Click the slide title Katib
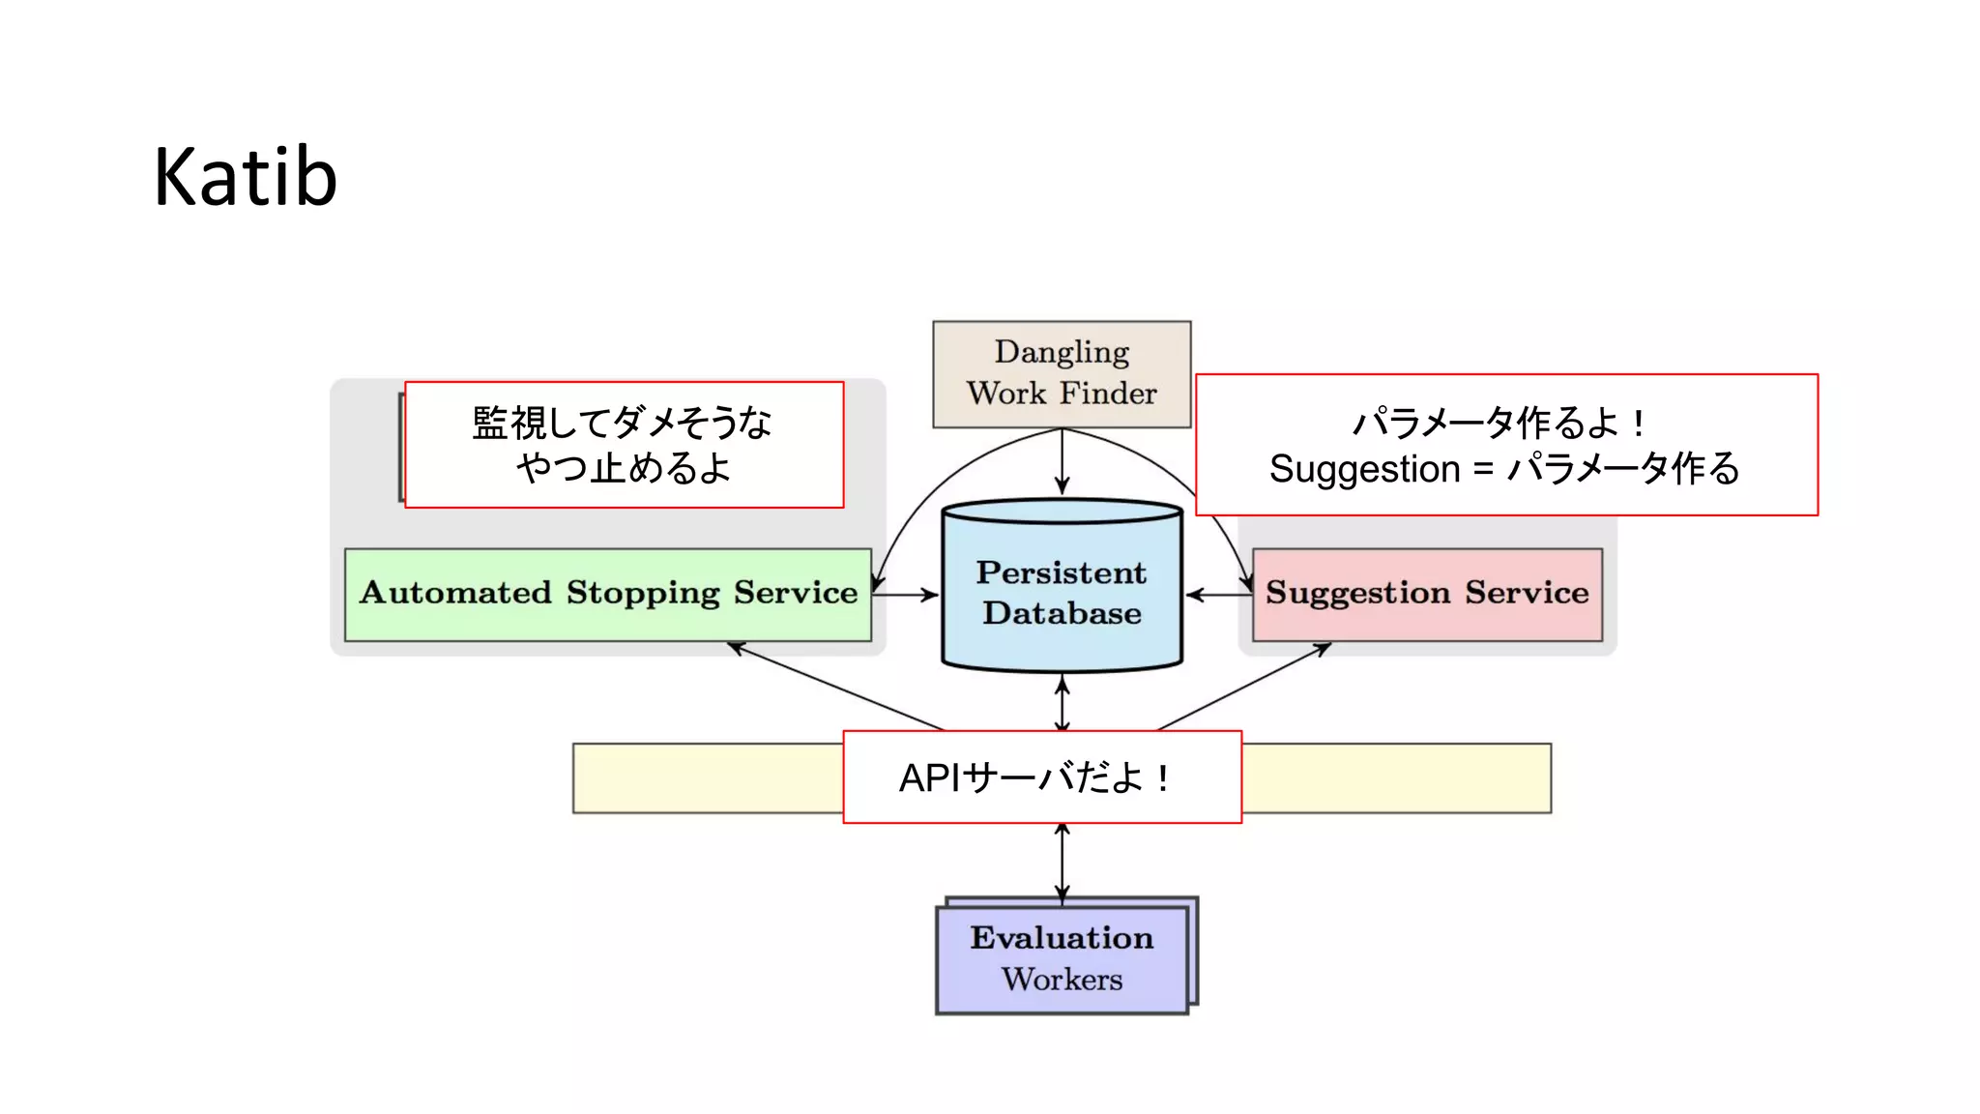pyautogui.click(x=246, y=177)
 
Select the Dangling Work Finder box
pyautogui.click(x=1061, y=373)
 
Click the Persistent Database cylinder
pyautogui.click(x=1062, y=592)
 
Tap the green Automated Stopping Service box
pyautogui.click(x=607, y=594)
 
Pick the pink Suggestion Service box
pyautogui.click(x=1426, y=594)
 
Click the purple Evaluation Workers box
pyautogui.click(x=1062, y=958)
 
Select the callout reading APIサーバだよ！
pyautogui.click(x=1041, y=777)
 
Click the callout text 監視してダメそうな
pyautogui.click(x=622, y=423)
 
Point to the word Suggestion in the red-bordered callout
pyautogui.click(x=1364, y=469)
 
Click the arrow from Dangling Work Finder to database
pyautogui.click(x=1062, y=462)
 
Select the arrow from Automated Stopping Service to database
pyautogui.click(x=905, y=594)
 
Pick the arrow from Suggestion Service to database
pyautogui.click(x=1218, y=594)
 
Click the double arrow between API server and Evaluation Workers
pyautogui.click(x=1062, y=863)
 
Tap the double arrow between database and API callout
pyautogui.click(x=1062, y=704)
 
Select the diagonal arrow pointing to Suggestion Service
pyautogui.click(x=1247, y=685)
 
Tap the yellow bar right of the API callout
pyautogui.click(x=1396, y=777)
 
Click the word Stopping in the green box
pyautogui.click(x=642, y=593)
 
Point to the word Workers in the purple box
pyautogui.click(x=1062, y=980)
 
